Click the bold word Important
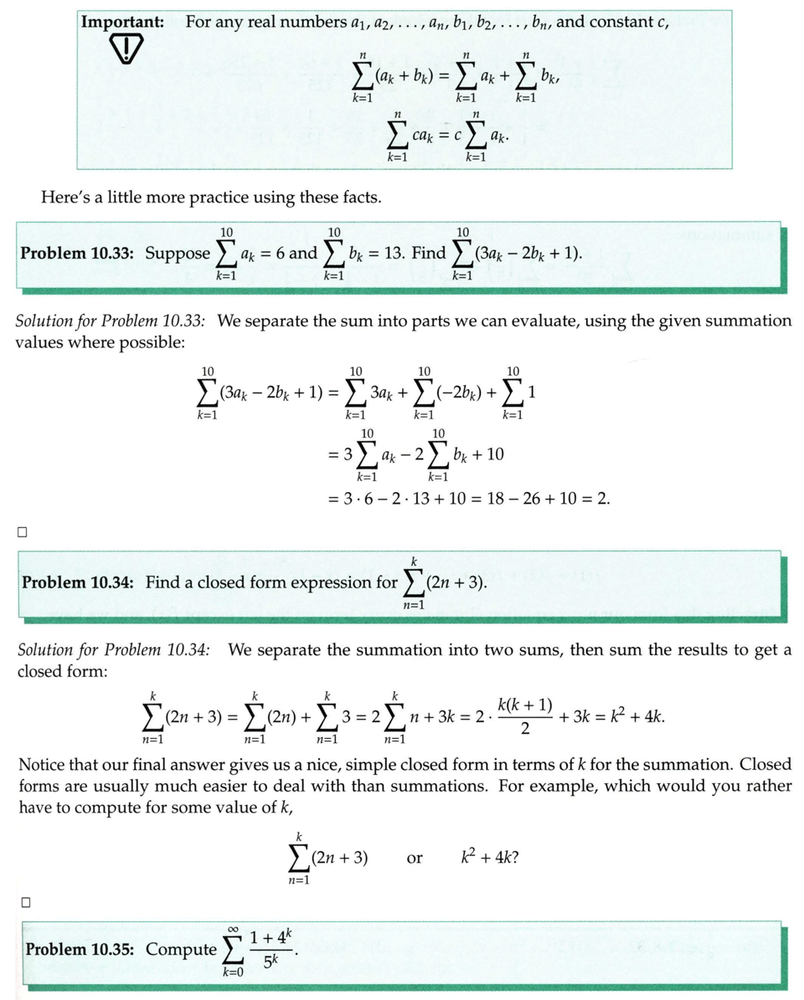pyautogui.click(x=122, y=23)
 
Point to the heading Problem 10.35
pyautogui.click(x=81, y=950)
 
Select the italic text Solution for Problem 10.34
pyautogui.click(x=114, y=650)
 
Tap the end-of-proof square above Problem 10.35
pyautogui.click(x=26, y=902)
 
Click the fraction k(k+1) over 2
pyautogui.click(x=524, y=716)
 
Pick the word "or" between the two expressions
pyautogui.click(x=414, y=859)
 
